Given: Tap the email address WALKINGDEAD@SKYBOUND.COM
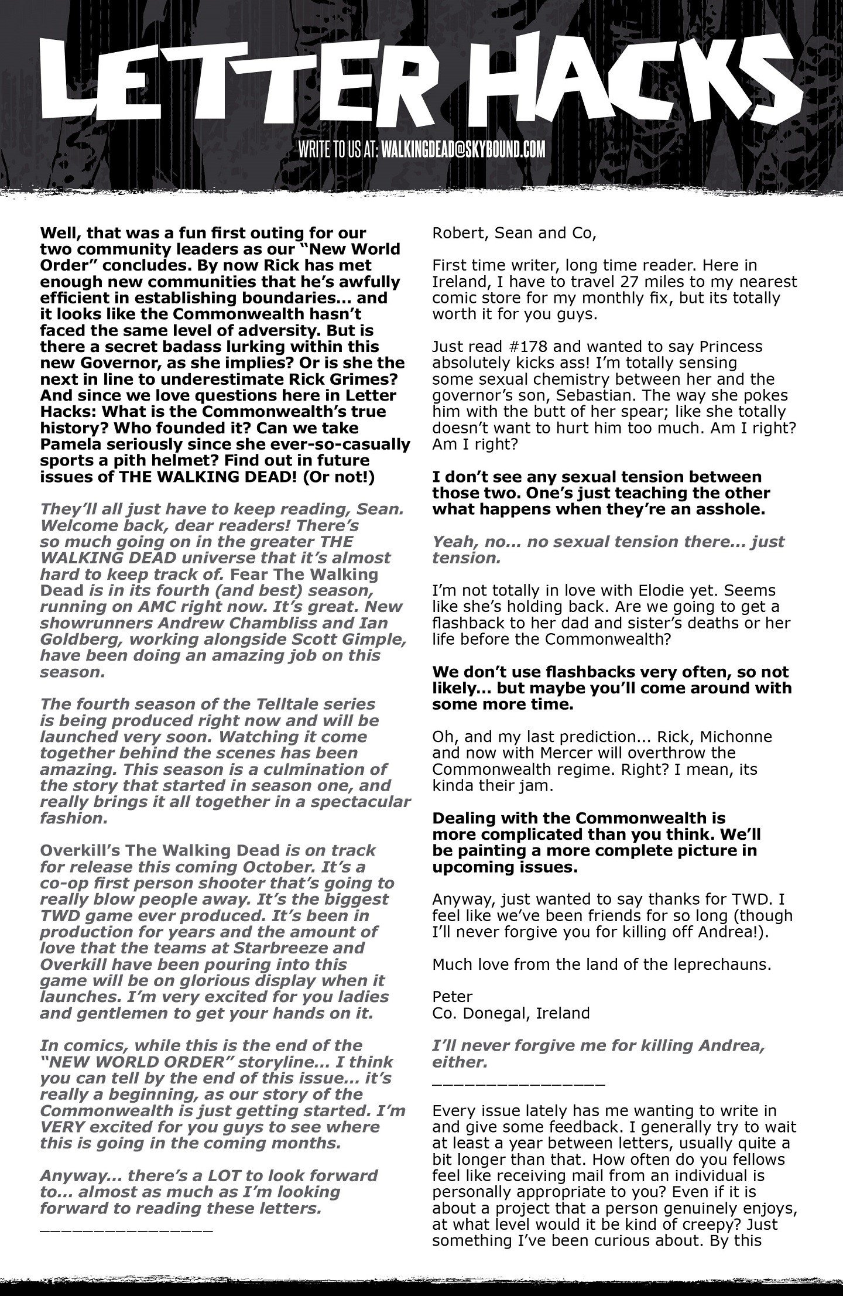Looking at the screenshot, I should [463, 149].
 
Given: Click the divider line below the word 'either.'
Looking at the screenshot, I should [518, 1084].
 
